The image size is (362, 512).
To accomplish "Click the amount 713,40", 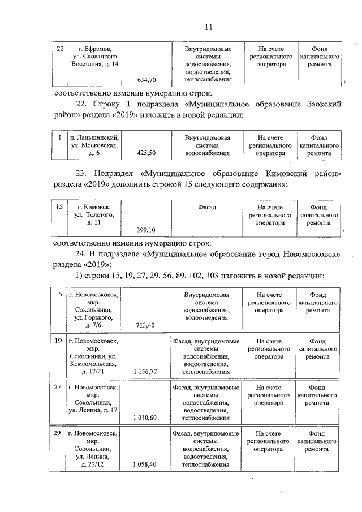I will pyautogui.click(x=146, y=325).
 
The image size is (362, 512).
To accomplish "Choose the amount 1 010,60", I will pyautogui.click(x=145, y=418).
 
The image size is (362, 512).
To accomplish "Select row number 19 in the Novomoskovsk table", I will pyautogui.click(x=58, y=341).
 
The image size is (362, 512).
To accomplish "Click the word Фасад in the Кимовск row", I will pyautogui.click(x=207, y=208).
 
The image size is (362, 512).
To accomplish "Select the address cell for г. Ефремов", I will pyautogui.click(x=91, y=57).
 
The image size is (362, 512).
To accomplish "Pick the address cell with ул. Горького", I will pyautogui.click(x=91, y=309).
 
